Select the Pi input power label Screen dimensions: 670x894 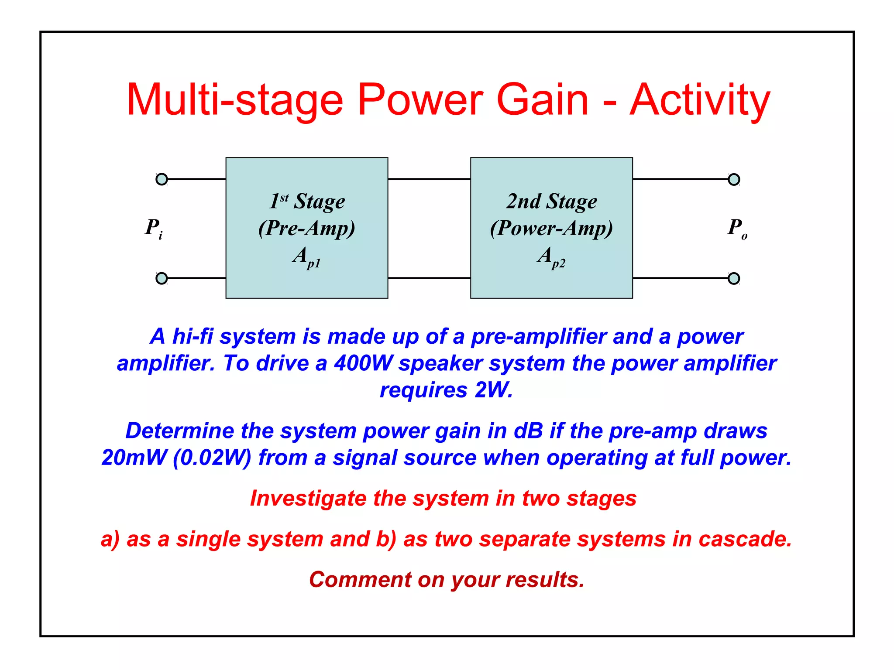pyautogui.click(x=154, y=228)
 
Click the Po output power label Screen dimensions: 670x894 pyautogui.click(x=737, y=228)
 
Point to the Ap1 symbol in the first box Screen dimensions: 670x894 pyautogui.click(x=306, y=257)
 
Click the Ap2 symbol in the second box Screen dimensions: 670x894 pyautogui.click(x=551, y=257)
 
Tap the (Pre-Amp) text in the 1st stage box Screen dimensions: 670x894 pyautogui.click(x=306, y=228)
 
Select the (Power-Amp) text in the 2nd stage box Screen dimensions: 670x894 pyautogui.click(x=551, y=228)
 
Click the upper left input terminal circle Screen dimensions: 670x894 pyautogui.click(x=162, y=179)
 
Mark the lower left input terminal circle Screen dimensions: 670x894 pyautogui.click(x=162, y=278)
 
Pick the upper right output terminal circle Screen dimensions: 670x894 pyautogui.click(x=734, y=179)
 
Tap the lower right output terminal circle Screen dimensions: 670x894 pyautogui.click(x=734, y=278)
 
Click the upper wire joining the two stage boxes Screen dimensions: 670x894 pyautogui.click(x=429, y=179)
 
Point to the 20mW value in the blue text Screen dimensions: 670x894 pyautogui.click(x=134, y=458)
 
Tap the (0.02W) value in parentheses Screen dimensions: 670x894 pyautogui.click(x=212, y=458)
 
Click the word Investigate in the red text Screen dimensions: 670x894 pyautogui.click(x=308, y=498)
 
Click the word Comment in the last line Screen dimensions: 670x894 pyautogui.click(x=360, y=580)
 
